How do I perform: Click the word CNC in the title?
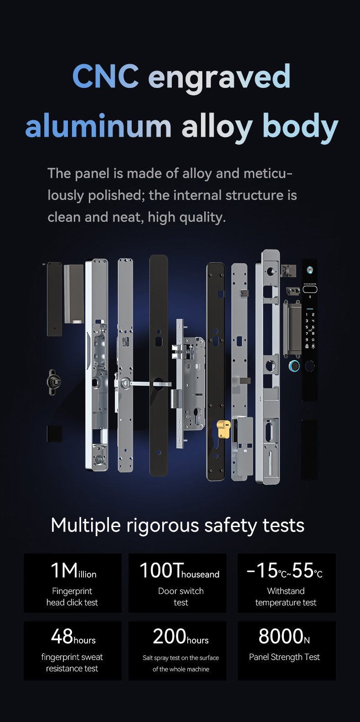pyautogui.click(x=106, y=76)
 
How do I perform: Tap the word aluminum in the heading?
pyautogui.click(x=98, y=126)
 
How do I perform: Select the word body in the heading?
pyautogui.click(x=300, y=127)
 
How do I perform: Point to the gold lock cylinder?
pyautogui.click(x=224, y=429)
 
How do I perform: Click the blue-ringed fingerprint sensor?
pyautogui.click(x=294, y=366)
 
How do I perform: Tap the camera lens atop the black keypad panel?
pyautogui.click(x=310, y=270)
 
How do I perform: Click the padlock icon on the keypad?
pyautogui.click(x=307, y=346)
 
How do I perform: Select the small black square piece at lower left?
pyautogui.click(x=55, y=434)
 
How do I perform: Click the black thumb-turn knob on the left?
pyautogui.click(x=54, y=382)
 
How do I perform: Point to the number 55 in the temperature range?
pyautogui.click(x=303, y=570)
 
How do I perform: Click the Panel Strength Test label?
pyautogui.click(x=284, y=657)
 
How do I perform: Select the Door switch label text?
pyautogui.click(x=181, y=591)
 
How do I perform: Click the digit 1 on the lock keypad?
pyautogui.click(x=307, y=314)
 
